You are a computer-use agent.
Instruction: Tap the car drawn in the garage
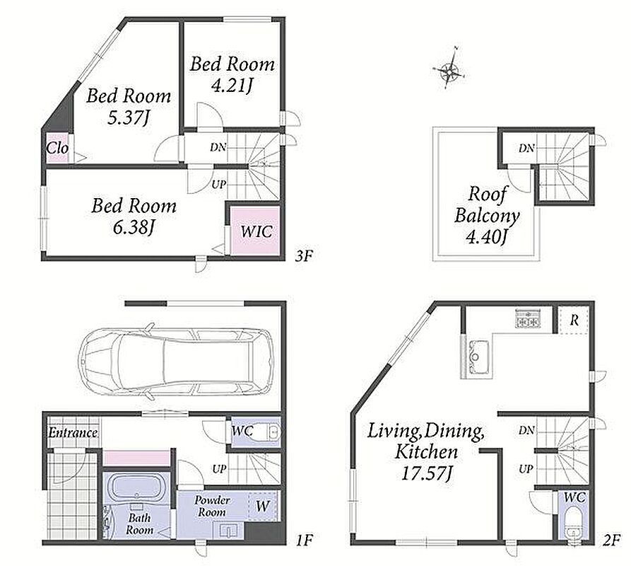pos(176,361)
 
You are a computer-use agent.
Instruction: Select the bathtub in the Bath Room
pos(136,487)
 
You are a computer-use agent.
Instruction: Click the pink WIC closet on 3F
pos(255,230)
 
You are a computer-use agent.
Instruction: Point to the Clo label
pos(57,148)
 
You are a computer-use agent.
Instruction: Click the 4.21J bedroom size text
pos(232,85)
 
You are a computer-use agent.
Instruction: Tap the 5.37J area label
pos(129,117)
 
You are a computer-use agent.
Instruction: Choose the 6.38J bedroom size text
pos(134,228)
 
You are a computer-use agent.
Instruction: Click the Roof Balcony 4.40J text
pos(487,216)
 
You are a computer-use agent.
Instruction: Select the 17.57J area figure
pos(427,473)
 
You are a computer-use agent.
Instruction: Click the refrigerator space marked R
pos(574,320)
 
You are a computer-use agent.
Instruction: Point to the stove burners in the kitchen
pos(527,318)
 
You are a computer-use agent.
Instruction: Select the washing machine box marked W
pos(263,506)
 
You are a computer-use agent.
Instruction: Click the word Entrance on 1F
pos(73,433)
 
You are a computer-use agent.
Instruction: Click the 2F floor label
pos(611,541)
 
